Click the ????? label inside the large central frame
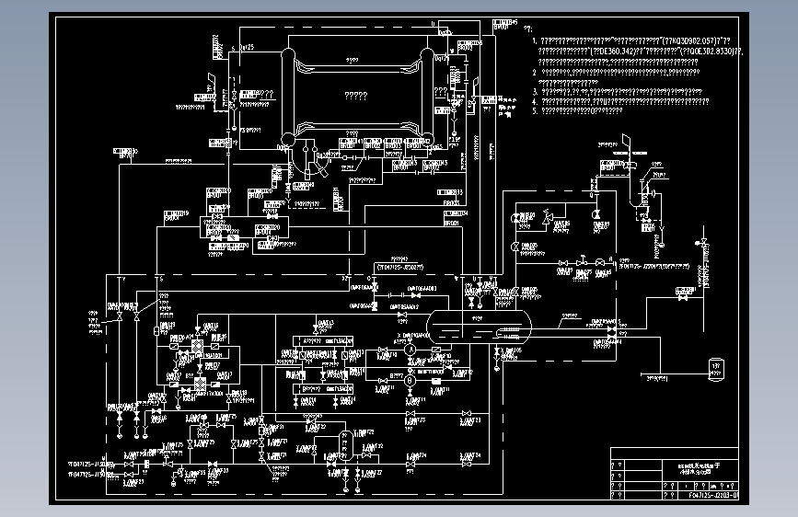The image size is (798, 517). tap(355, 95)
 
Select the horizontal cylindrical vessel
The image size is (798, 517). tap(479, 326)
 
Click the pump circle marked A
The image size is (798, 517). tap(411, 349)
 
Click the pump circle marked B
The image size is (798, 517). tap(411, 378)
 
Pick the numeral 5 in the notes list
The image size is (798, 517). tap(536, 110)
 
